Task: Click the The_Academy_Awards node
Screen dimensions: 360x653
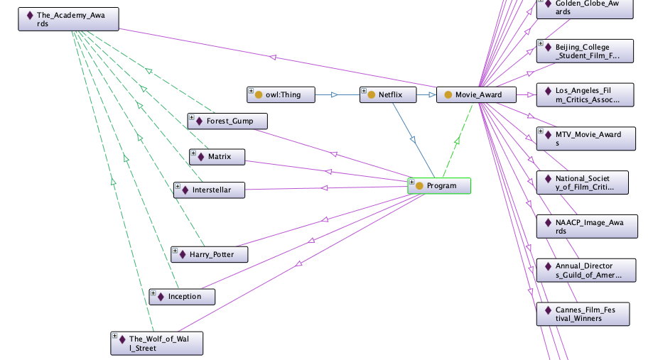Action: pyautogui.click(x=68, y=19)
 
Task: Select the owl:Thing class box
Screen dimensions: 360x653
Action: pyautogui.click(x=278, y=94)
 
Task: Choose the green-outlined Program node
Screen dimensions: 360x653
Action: pyautogui.click(x=439, y=186)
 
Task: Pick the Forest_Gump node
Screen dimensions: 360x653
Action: pyautogui.click(x=229, y=121)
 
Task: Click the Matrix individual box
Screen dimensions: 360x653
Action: pyautogui.click(x=218, y=156)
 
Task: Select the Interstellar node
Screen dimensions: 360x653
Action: pyautogui.click(x=210, y=190)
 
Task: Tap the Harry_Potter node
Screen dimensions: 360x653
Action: pyautogui.click(x=210, y=254)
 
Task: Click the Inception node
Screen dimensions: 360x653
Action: pyautogui.click(x=182, y=296)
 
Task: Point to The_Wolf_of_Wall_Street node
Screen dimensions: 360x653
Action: pyautogui.click(x=157, y=343)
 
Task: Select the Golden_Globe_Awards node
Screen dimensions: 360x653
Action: pyautogui.click(x=585, y=8)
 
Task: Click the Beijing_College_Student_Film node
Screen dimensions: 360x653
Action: pyautogui.click(x=585, y=51)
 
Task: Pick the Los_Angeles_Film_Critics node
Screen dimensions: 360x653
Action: pyautogui.click(x=585, y=95)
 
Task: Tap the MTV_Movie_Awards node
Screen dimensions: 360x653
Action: pyautogui.click(x=585, y=138)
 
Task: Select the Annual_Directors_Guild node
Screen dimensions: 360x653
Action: pyautogui.click(x=586, y=271)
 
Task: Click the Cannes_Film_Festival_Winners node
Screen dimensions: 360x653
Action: pyautogui.click(x=583, y=314)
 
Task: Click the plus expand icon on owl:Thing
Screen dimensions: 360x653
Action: pyautogui.click(x=251, y=91)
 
